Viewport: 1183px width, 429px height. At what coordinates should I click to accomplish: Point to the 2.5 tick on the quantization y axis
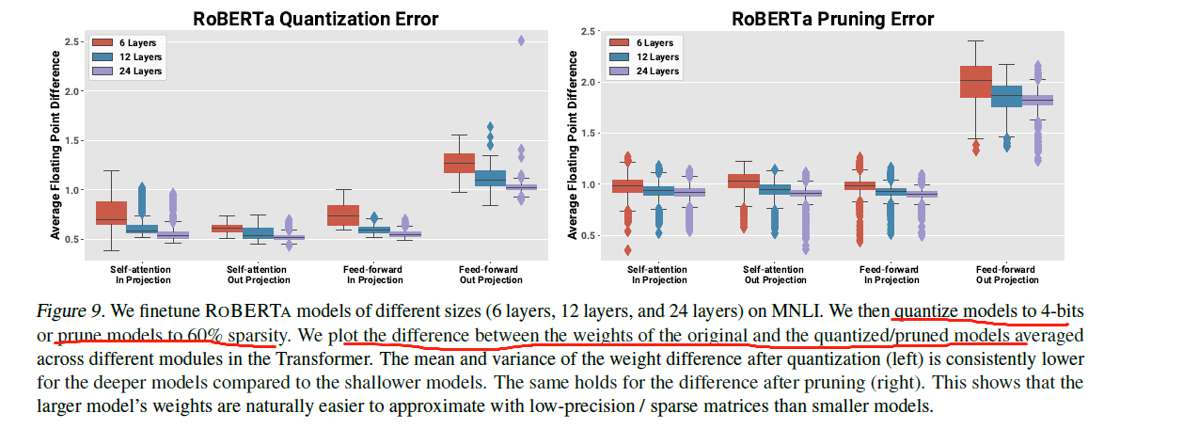[x=71, y=42]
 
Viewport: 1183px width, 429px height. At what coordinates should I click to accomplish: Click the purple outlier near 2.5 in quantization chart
[x=522, y=40]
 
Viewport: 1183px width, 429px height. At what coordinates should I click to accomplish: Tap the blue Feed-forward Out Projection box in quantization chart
[x=490, y=177]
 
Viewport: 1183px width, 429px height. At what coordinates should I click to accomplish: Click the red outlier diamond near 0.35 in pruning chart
[x=628, y=250]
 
